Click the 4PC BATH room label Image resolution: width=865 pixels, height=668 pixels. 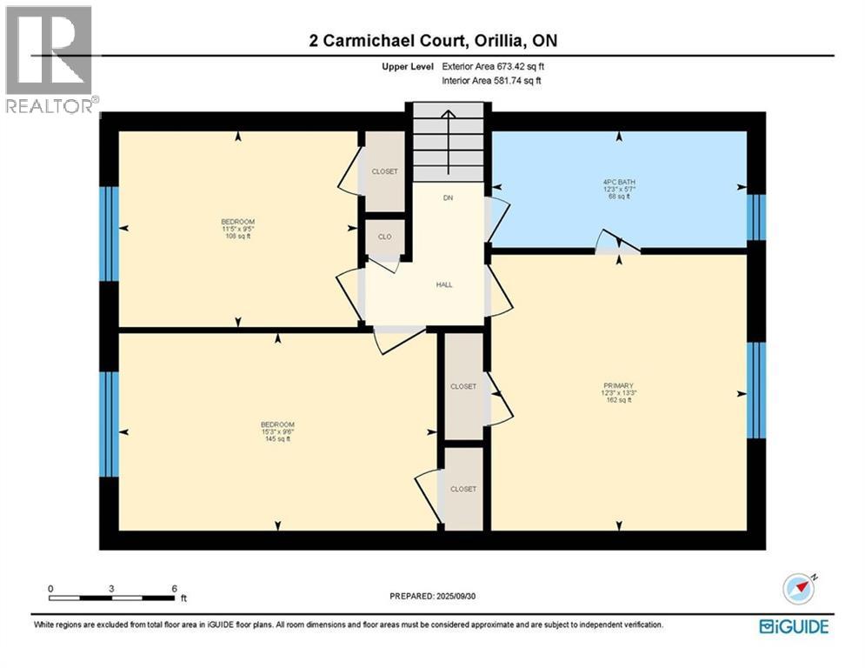pos(619,180)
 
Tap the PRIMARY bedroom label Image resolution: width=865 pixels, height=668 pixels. pos(619,385)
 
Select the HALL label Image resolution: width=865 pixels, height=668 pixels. pos(444,284)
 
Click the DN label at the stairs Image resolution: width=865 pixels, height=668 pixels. pos(448,198)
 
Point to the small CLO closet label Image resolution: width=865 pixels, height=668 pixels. pos(383,236)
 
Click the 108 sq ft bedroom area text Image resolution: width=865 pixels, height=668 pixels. pos(237,237)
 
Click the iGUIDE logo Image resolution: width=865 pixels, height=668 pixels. pos(793,626)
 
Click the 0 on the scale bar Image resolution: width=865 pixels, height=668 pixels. pos(50,589)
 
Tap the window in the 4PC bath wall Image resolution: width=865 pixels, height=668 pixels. pos(756,217)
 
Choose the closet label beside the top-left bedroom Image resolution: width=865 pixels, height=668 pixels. pos(384,171)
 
